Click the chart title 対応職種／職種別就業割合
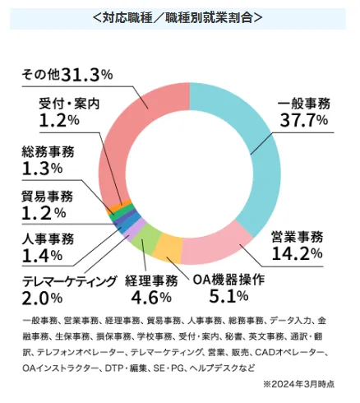click(x=178, y=18)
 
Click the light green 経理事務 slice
click(x=147, y=238)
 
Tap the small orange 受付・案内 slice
click(x=118, y=205)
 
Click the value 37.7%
click(x=304, y=120)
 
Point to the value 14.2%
click(x=297, y=253)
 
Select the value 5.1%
click(x=228, y=296)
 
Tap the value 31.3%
click(x=86, y=75)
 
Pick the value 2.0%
click(x=42, y=299)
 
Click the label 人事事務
click(x=48, y=239)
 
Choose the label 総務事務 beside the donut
click(x=48, y=152)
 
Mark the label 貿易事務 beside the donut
click(x=48, y=197)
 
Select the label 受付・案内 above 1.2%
click(x=69, y=104)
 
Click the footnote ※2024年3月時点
click(x=298, y=384)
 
